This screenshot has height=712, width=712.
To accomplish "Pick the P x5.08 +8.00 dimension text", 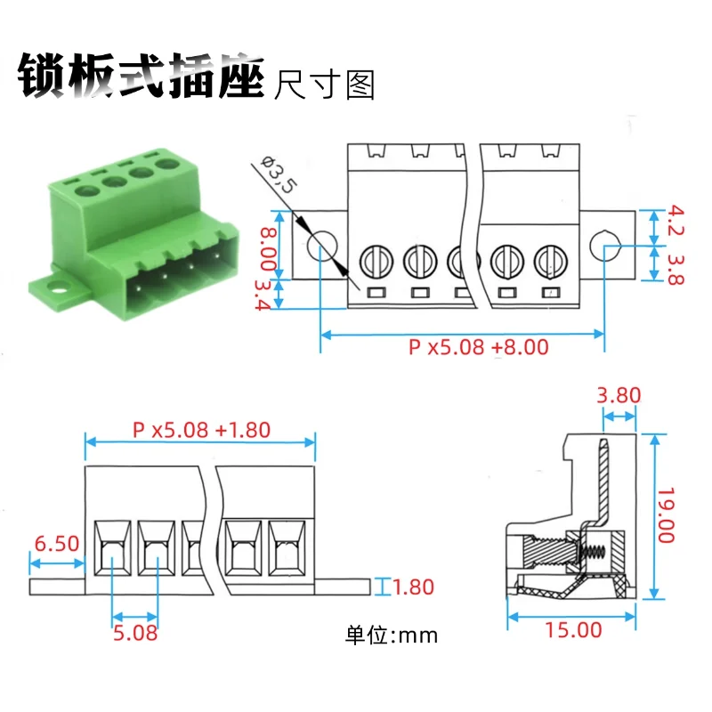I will [x=479, y=347].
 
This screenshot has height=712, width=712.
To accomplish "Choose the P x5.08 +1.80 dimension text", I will [x=201, y=429].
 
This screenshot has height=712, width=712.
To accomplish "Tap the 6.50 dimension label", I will [x=56, y=543].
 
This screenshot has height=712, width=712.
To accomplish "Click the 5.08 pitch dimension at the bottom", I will [x=136, y=633].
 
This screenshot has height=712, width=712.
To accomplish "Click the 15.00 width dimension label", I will [x=573, y=630].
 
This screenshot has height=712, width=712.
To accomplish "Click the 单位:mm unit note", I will [x=392, y=635].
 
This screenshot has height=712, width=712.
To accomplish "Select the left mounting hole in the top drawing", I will [x=322, y=246].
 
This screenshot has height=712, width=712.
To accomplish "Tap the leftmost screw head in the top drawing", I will [x=376, y=261].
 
